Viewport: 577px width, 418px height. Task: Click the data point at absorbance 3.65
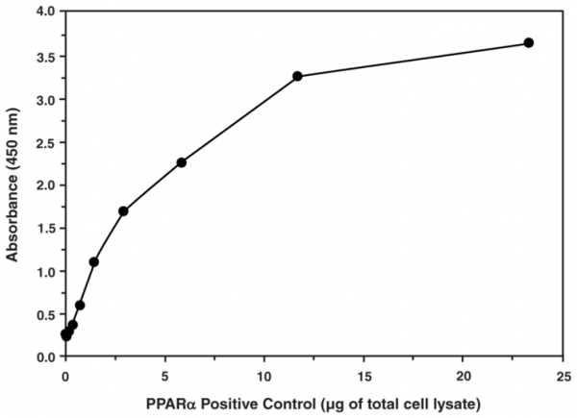528,43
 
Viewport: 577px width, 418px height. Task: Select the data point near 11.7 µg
297,76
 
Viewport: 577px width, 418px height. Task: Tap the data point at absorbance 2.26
181,162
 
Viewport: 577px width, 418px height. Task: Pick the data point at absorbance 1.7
123,211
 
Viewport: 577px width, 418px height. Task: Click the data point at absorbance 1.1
93,261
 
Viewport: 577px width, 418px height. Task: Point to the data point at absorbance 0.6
80,305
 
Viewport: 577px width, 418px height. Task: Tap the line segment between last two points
413,60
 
